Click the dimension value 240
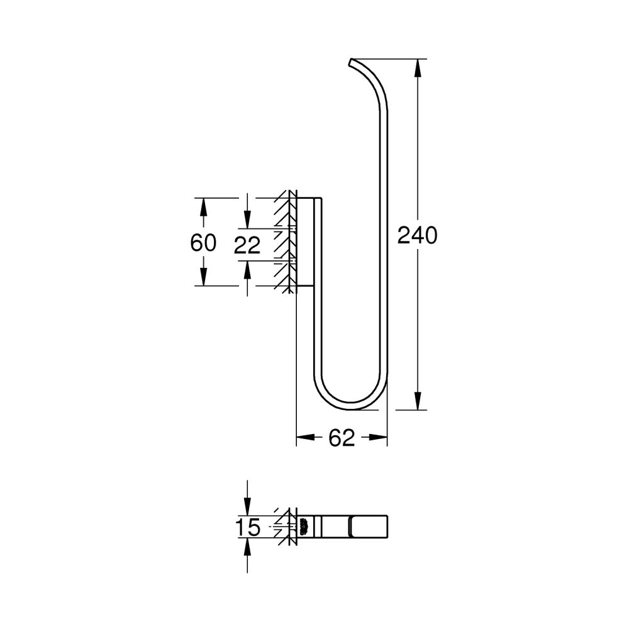click(x=416, y=235)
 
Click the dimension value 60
click(x=203, y=243)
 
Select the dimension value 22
click(x=247, y=245)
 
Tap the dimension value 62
click(x=342, y=438)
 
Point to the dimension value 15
click(x=249, y=528)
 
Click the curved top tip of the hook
click(x=352, y=62)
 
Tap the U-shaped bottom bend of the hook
click(x=352, y=404)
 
